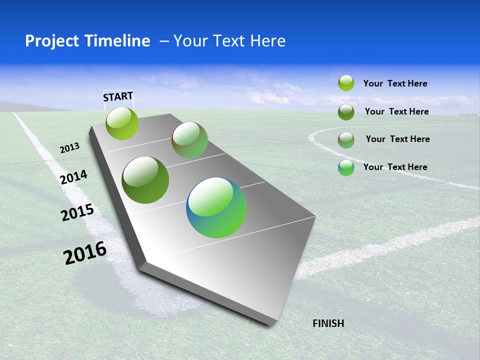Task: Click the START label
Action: click(x=118, y=96)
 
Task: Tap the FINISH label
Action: click(x=328, y=323)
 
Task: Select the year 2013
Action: click(x=70, y=148)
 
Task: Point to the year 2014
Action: click(x=73, y=177)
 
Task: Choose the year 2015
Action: click(x=77, y=212)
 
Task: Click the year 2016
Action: click(x=85, y=252)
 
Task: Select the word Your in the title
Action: click(x=190, y=41)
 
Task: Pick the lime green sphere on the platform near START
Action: click(x=122, y=123)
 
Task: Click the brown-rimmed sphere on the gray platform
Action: click(x=189, y=140)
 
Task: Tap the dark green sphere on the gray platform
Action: click(x=145, y=180)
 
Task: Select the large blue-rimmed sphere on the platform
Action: click(x=216, y=207)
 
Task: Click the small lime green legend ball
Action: click(x=346, y=83)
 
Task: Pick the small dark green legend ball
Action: click(x=346, y=112)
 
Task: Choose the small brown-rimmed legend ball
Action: click(x=346, y=140)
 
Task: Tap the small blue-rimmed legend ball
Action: click(x=346, y=167)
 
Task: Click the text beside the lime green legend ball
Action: click(x=395, y=84)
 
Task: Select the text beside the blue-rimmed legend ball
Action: click(x=395, y=167)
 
